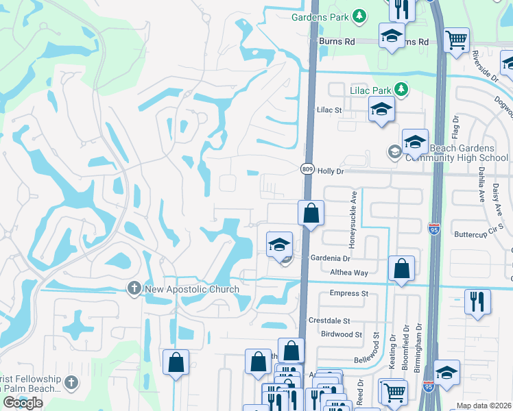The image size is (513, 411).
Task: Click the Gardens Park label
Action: pos(319,16)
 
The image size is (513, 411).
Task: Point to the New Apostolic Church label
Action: pos(192,289)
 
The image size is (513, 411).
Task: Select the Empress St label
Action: pos(349,293)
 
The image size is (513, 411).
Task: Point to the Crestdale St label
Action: pos(329,321)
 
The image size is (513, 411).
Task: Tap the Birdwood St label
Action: pos(341,334)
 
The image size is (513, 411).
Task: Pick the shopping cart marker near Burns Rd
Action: pos(457,40)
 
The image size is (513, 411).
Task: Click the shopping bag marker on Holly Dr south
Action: pos(311,213)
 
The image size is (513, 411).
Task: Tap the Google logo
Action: pos(23,403)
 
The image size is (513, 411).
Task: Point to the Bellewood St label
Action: pos(357,359)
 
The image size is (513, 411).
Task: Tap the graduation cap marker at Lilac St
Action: pos(381,109)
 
